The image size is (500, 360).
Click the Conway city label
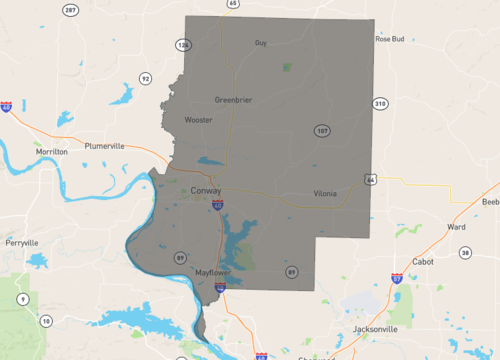pyautogui.click(x=206, y=190)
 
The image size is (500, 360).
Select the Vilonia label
pyautogui.click(x=325, y=193)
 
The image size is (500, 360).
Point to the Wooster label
pyautogui.click(x=198, y=120)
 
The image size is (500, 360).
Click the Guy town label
pyautogui.click(x=261, y=43)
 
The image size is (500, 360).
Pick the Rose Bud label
pyautogui.click(x=389, y=39)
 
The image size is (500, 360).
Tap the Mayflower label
pyautogui.click(x=213, y=272)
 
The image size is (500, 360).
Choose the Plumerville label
pyautogui.click(x=105, y=146)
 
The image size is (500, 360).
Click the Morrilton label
pyautogui.click(x=52, y=151)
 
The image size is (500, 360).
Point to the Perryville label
pyautogui.click(x=21, y=242)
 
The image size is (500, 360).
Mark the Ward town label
pyautogui.click(x=456, y=227)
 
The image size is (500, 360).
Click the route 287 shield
pyautogui.click(x=70, y=10)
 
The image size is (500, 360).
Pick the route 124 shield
pyautogui.click(x=183, y=46)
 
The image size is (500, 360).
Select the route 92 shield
pyautogui.click(x=146, y=78)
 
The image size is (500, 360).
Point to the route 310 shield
pyautogui.click(x=379, y=103)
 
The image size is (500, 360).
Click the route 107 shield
pyautogui.click(x=321, y=131)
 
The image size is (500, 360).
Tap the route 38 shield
pyautogui.click(x=465, y=253)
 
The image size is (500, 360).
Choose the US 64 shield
pyautogui.click(x=371, y=180)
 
